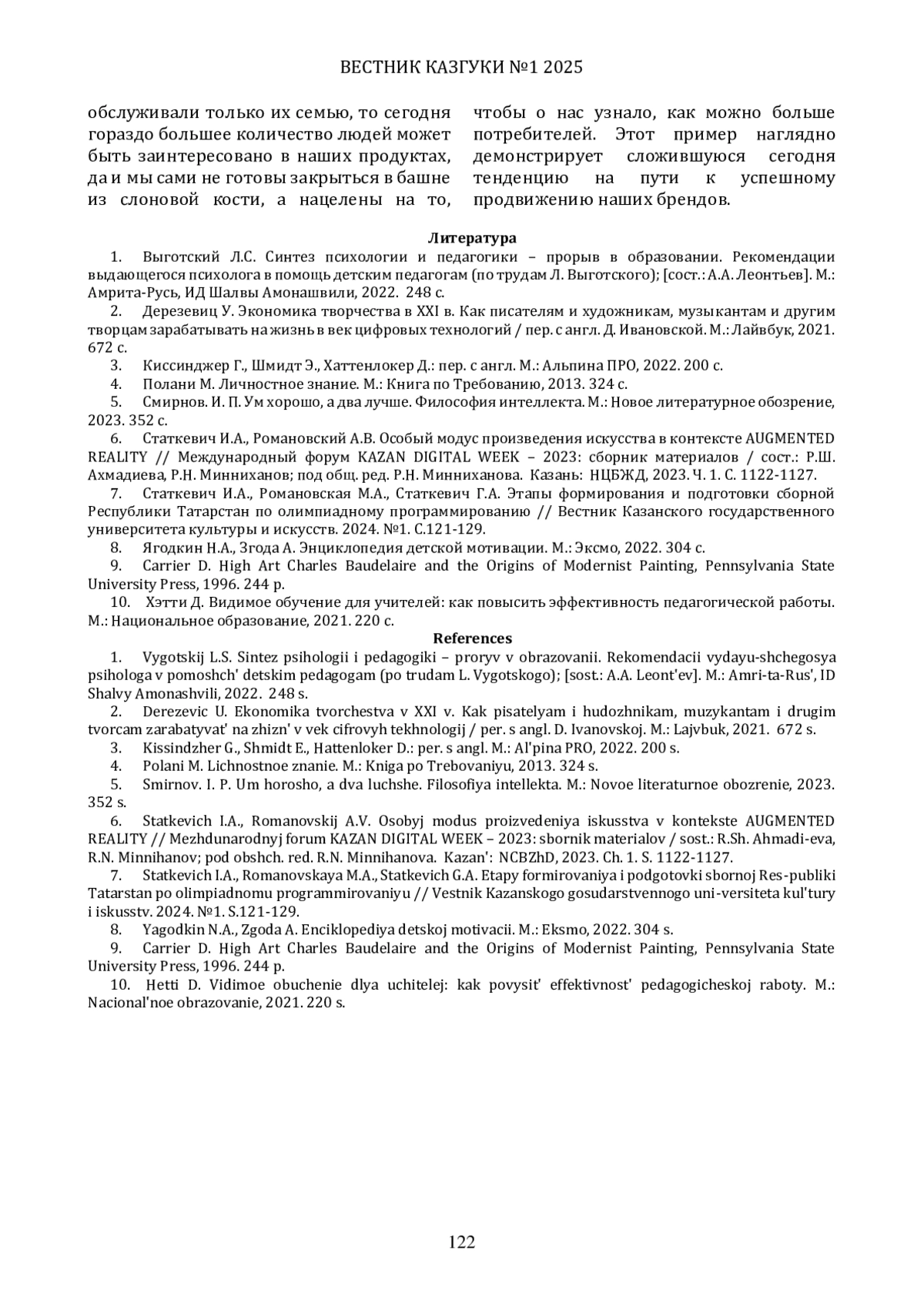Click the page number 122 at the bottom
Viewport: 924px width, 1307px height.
(462, 1242)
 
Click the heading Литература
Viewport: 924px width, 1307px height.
(472, 238)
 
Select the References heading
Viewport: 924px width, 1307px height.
(472, 638)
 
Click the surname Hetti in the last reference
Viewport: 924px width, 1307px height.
(162, 984)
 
